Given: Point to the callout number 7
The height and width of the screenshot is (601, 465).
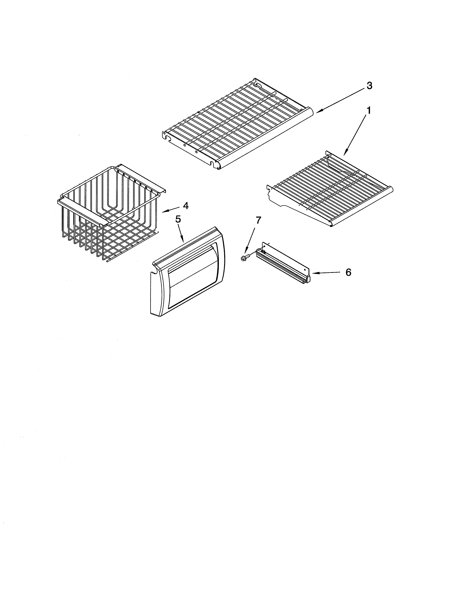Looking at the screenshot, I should click(x=258, y=220).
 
